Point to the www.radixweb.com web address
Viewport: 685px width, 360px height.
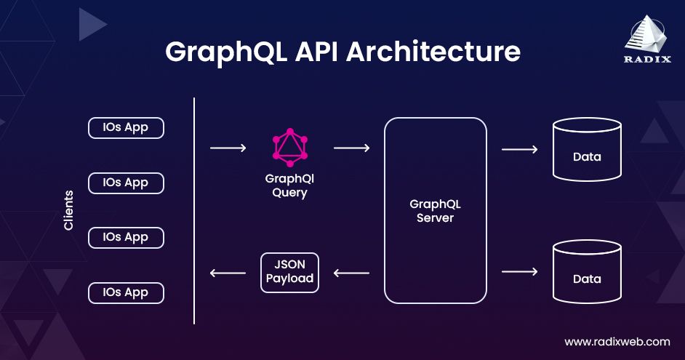coord(617,341)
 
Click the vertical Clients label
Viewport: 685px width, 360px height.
coord(69,210)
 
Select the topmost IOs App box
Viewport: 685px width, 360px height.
coord(126,128)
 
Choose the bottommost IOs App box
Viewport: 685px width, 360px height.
coord(126,293)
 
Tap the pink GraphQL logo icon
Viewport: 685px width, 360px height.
coord(290,146)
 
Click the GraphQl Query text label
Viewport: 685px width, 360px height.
coord(289,185)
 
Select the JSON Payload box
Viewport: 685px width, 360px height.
coord(289,272)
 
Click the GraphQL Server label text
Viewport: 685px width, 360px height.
coord(435,211)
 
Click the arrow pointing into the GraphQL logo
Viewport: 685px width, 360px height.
coord(228,148)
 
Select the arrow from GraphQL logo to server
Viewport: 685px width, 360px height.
coord(351,148)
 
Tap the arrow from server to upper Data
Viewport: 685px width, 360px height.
coord(519,150)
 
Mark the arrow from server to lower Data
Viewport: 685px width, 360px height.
coord(519,272)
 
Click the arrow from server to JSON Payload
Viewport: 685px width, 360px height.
coord(351,273)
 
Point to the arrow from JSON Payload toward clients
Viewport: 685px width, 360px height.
coord(228,273)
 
